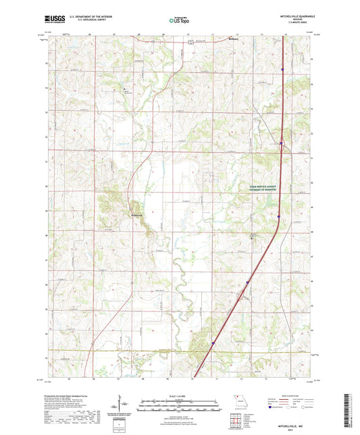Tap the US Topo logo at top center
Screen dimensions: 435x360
point(179,20)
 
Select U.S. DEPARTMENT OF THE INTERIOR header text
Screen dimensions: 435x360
point(85,16)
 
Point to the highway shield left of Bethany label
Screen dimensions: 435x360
point(191,41)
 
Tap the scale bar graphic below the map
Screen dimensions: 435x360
point(179,404)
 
